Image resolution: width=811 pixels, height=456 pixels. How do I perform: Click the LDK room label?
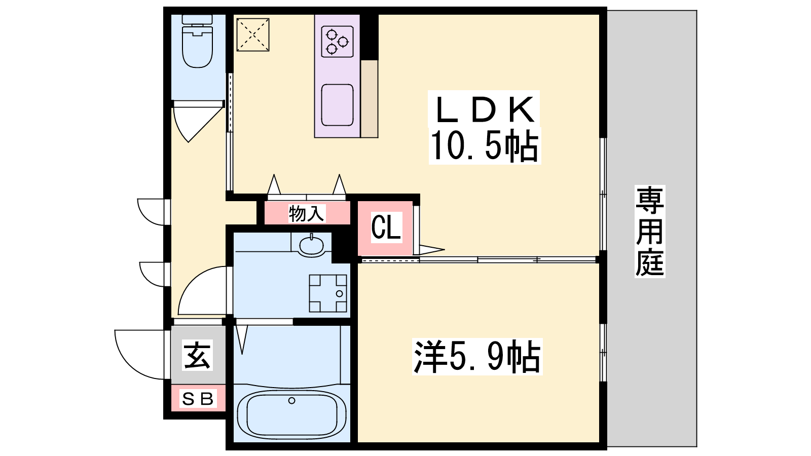(485, 109)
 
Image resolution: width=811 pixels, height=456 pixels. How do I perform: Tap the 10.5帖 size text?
(485, 145)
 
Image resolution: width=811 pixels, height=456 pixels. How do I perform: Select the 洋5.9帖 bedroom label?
(477, 357)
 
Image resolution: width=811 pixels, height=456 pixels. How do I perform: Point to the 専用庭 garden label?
(650, 231)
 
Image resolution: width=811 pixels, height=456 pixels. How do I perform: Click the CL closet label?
(386, 227)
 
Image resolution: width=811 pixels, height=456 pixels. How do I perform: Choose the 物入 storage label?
(306, 213)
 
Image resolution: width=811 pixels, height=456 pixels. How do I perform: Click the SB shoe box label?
(198, 399)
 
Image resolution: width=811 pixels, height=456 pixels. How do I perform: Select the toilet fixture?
(197, 41)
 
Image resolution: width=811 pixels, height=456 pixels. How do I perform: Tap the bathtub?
(291, 414)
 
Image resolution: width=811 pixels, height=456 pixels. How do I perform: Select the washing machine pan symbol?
(327, 293)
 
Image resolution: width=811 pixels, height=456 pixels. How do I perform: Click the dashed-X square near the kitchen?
(253, 35)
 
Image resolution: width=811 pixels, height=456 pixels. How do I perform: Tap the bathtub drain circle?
(291, 401)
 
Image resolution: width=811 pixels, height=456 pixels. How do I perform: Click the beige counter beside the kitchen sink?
(370, 99)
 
